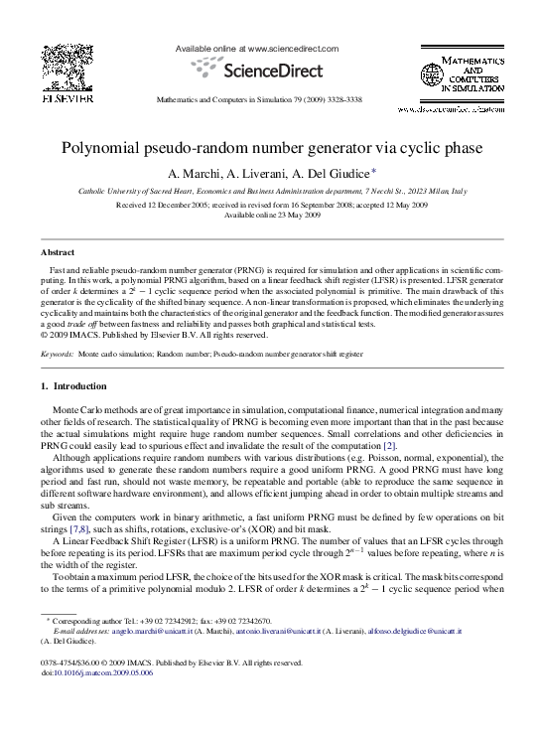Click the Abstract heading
(x=58, y=253)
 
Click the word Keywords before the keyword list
(x=57, y=353)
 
